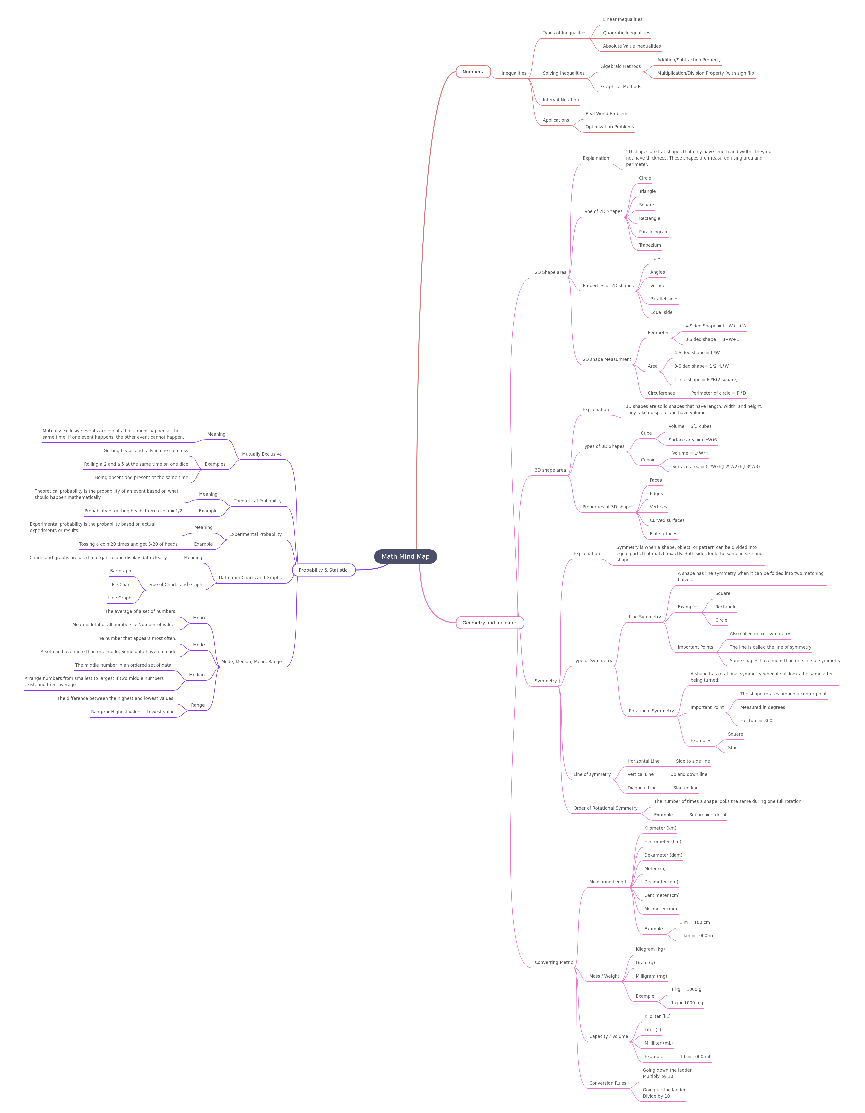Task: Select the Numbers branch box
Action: point(473,72)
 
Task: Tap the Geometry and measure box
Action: point(489,623)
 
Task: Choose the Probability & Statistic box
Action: point(324,570)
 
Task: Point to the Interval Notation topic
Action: point(561,100)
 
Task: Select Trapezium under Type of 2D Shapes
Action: point(650,245)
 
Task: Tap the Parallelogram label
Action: point(653,232)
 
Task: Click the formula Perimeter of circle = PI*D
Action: point(718,393)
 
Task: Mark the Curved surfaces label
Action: point(667,520)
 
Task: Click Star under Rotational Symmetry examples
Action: point(732,748)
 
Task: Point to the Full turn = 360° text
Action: point(757,721)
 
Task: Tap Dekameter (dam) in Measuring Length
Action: point(663,855)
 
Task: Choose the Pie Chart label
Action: point(121,585)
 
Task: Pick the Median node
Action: point(197,675)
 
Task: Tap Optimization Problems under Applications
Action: point(610,127)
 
